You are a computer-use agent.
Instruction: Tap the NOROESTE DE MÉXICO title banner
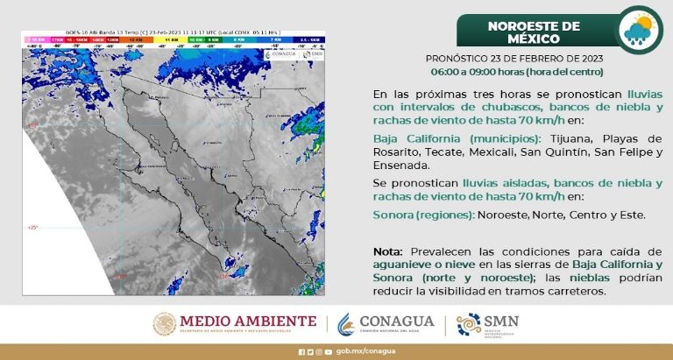coord(534,32)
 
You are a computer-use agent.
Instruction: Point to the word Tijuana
coord(551,139)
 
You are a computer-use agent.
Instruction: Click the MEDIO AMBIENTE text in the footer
coord(248,321)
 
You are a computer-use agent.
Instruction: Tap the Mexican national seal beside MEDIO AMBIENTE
coord(166,324)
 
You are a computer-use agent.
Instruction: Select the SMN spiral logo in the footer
coord(469,324)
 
